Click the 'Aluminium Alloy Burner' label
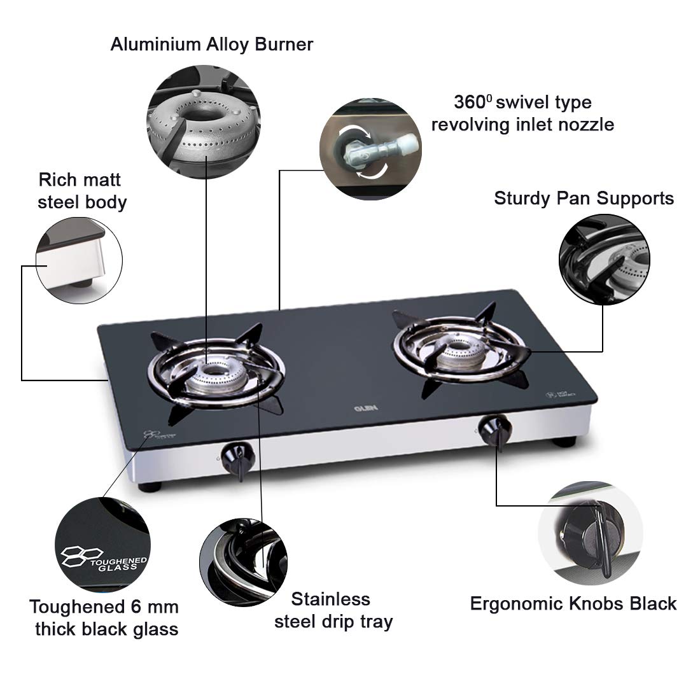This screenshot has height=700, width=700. [x=211, y=45]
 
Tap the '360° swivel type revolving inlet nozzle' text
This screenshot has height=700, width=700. [x=522, y=113]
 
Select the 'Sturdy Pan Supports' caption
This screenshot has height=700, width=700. [x=584, y=198]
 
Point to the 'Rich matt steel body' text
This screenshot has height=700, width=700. [x=82, y=191]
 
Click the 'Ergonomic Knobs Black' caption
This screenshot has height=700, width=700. [x=573, y=603]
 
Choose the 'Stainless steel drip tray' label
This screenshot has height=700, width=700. [x=333, y=610]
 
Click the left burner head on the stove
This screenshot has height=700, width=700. [x=216, y=375]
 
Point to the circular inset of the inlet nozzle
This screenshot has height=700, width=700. [x=361, y=148]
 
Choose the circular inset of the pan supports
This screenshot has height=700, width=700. [x=603, y=260]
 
